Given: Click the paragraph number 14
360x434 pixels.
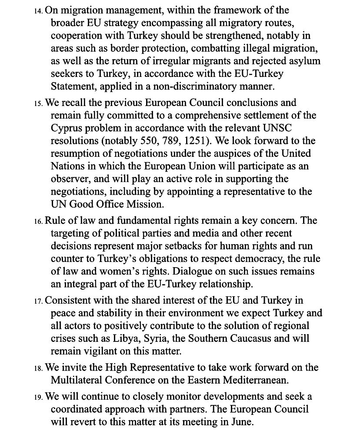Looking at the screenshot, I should tap(38, 10).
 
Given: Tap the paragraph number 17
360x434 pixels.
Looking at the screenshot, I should tap(38, 301).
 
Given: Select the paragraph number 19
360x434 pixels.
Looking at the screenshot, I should tap(38, 397).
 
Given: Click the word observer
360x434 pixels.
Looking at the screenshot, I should tap(68, 179).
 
